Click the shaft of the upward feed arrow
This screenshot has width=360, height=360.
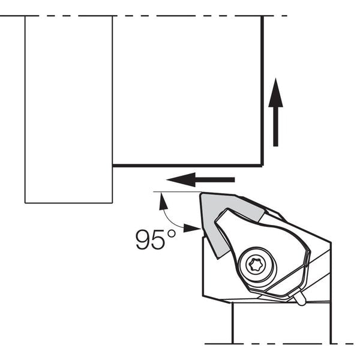(275, 127)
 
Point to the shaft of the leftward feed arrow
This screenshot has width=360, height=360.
(215, 179)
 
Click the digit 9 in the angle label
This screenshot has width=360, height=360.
(143, 239)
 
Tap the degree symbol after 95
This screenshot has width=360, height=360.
(172, 234)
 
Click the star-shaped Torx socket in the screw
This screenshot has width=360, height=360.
(255, 265)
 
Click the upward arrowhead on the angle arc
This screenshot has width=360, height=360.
(163, 202)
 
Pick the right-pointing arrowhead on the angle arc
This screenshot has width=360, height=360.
(192, 228)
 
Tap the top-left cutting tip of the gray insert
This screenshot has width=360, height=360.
(201, 194)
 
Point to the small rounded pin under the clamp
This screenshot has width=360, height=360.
(299, 298)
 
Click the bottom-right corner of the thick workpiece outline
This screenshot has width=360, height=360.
(262, 165)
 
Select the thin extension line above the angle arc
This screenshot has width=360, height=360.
(178, 192)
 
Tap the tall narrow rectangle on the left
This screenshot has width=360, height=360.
(68, 110)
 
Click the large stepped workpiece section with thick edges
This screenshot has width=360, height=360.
(187, 91)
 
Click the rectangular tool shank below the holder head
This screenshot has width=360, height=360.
(282, 324)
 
